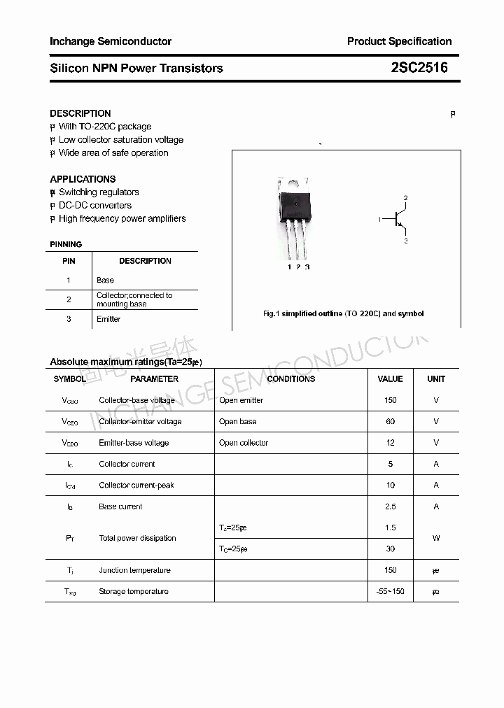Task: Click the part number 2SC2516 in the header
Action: pyautogui.click(x=419, y=68)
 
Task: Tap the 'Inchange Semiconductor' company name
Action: pyautogui.click(x=111, y=41)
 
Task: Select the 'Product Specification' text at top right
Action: pyautogui.click(x=399, y=41)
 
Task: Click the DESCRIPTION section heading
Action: pyautogui.click(x=80, y=113)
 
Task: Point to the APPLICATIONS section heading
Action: pyautogui.click(x=83, y=179)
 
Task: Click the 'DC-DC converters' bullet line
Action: pyautogui.click(x=94, y=205)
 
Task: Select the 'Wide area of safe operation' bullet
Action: pyautogui.click(x=113, y=153)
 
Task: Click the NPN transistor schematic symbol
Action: pyautogui.click(x=398, y=220)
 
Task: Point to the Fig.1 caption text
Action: pyautogui.click(x=343, y=313)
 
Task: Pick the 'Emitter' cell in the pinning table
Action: pyautogui.click(x=108, y=319)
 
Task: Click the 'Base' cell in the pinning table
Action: pyautogui.click(x=105, y=280)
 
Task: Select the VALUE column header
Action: pyautogui.click(x=390, y=378)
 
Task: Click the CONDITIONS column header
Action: pyautogui.click(x=291, y=378)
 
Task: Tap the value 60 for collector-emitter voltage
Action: pyautogui.click(x=390, y=421)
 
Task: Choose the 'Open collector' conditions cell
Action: pyautogui.click(x=244, y=443)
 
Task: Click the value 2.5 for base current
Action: pyautogui.click(x=390, y=507)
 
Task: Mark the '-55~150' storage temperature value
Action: pyautogui.click(x=390, y=591)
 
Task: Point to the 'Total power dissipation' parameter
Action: pyautogui.click(x=137, y=538)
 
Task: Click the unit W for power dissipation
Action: pyautogui.click(x=436, y=538)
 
